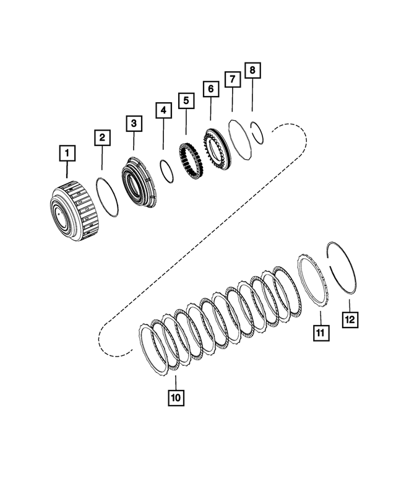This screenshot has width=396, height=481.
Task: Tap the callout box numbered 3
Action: pos(134,123)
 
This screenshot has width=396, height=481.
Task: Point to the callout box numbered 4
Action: pos(163,111)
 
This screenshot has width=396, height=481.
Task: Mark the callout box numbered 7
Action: pos(232,80)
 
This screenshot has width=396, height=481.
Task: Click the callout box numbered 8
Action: pos(252,70)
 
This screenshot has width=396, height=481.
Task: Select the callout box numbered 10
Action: pos(175,398)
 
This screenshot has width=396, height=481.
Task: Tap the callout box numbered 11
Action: pos(321,332)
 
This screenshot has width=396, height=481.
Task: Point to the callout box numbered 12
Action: pos(350,319)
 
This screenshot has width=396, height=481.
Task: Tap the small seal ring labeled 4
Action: pos(166,171)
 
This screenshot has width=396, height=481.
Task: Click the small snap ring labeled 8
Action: pos(257,132)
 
